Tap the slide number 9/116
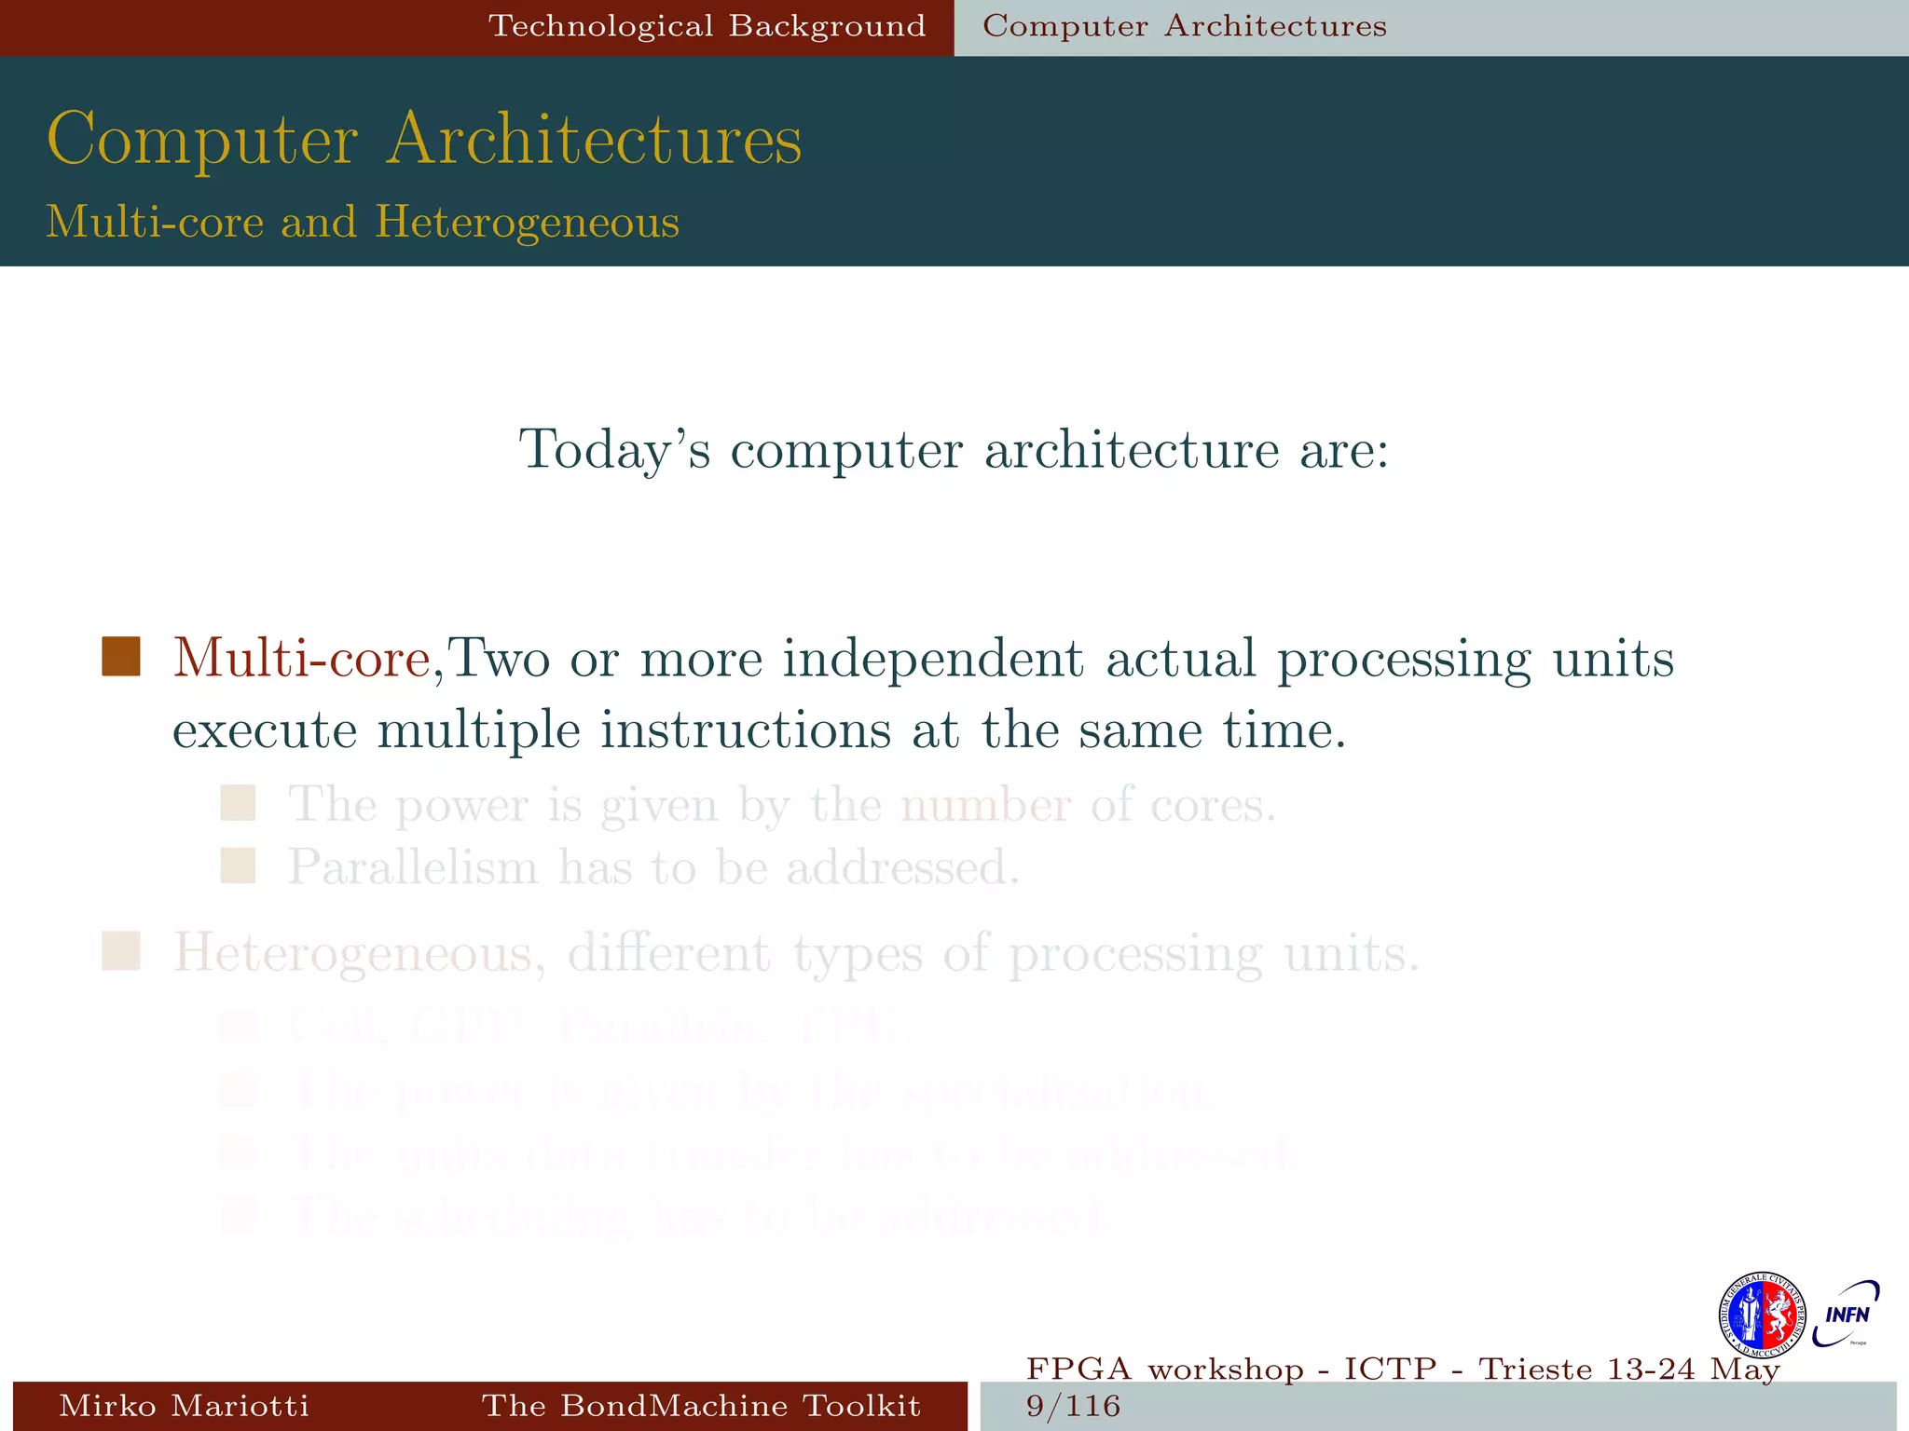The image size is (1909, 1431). tap(1072, 1406)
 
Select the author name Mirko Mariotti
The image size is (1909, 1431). tap(184, 1405)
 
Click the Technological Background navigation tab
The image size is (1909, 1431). tap(707, 26)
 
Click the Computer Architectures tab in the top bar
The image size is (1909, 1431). tap(1184, 26)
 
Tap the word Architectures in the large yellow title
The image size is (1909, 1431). tap(594, 140)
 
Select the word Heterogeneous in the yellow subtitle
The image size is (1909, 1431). tap(527, 223)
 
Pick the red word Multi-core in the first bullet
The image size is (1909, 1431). tap(301, 658)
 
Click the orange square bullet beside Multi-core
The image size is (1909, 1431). tap(121, 657)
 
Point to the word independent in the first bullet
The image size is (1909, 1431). tap(932, 658)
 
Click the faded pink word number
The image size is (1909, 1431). tap(985, 804)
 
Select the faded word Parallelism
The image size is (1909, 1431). tap(412, 867)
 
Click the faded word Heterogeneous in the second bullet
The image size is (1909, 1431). tap(352, 953)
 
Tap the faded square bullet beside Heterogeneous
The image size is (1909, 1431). tap(121, 951)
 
